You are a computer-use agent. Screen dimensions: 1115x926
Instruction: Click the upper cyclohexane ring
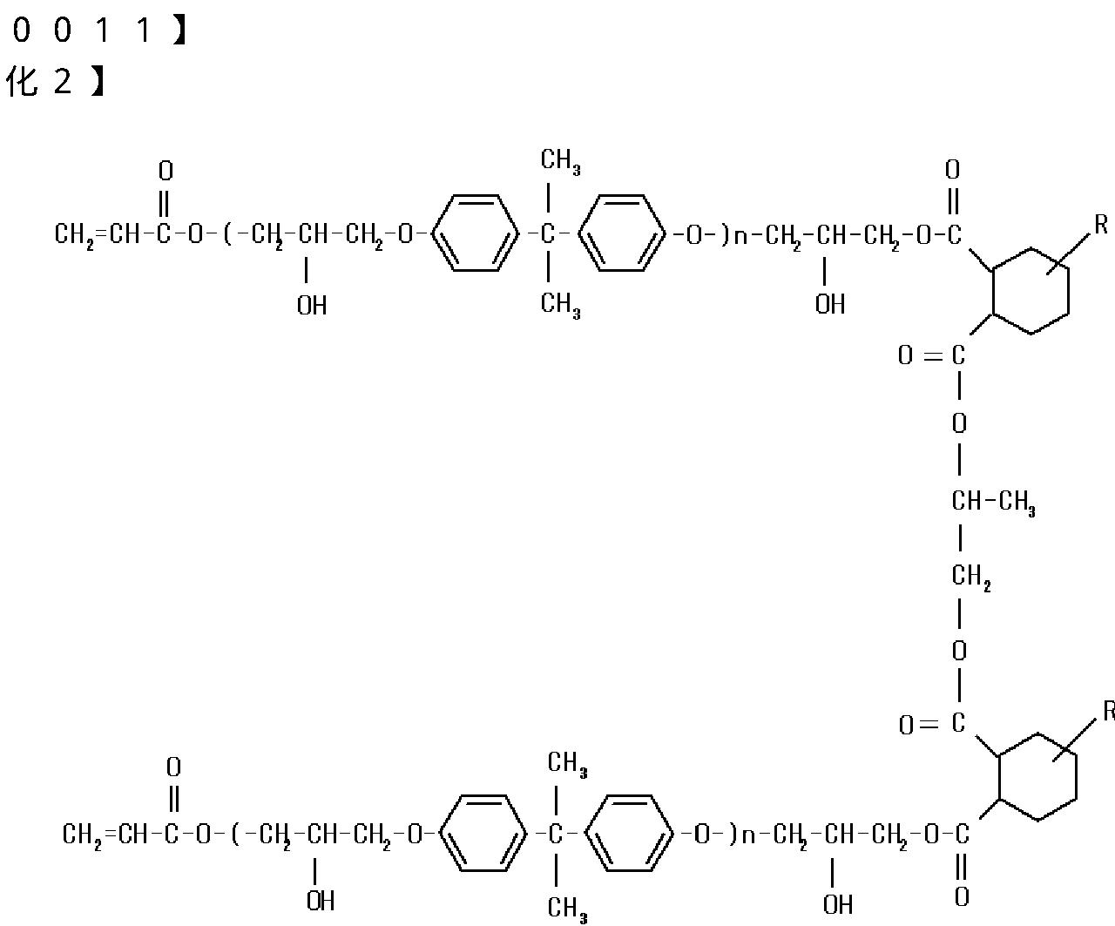point(1031,291)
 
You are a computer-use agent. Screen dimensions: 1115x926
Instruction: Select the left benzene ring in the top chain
point(475,233)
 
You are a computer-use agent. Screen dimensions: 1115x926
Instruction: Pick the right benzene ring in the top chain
point(622,233)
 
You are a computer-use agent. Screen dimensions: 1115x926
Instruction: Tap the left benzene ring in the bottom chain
point(483,835)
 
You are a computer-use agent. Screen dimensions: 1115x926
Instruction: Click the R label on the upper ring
point(1101,225)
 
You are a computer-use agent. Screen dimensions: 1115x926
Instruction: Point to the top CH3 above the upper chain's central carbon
point(560,161)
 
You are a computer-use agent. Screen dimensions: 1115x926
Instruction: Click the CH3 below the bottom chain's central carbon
point(566,909)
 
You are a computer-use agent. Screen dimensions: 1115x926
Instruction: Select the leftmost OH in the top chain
point(311,306)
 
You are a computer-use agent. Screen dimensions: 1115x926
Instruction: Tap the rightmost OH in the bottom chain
point(838,905)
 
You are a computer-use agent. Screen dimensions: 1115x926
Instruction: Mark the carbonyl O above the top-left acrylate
point(166,170)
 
